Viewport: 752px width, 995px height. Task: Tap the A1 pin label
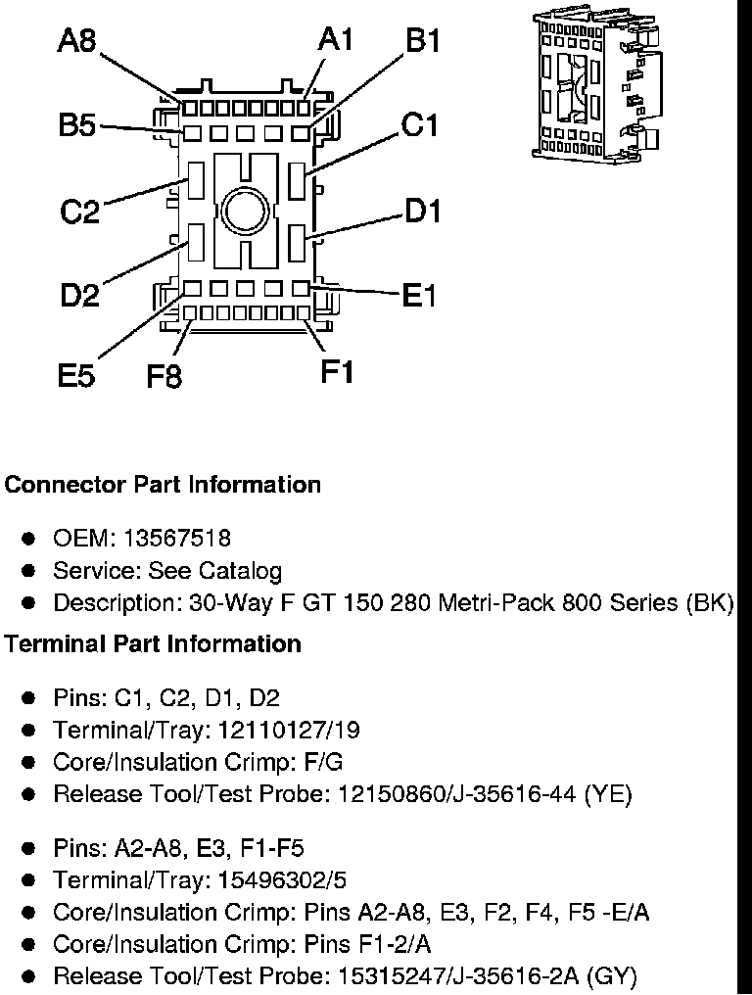pos(336,40)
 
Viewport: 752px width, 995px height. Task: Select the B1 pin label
pos(423,42)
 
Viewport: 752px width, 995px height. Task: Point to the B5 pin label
pos(77,126)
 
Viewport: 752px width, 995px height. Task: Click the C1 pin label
pos(419,126)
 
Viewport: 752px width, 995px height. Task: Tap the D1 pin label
pos(423,211)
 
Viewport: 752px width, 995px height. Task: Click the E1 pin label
pos(419,295)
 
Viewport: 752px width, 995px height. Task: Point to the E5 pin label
pos(76,375)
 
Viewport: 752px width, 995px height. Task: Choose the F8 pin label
pos(164,376)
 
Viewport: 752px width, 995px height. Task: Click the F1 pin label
pos(337,372)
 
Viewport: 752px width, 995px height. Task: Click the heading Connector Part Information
pos(163,485)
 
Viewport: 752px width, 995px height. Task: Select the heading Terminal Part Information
pos(153,644)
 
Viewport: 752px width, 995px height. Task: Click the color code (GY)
pos(615,976)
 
